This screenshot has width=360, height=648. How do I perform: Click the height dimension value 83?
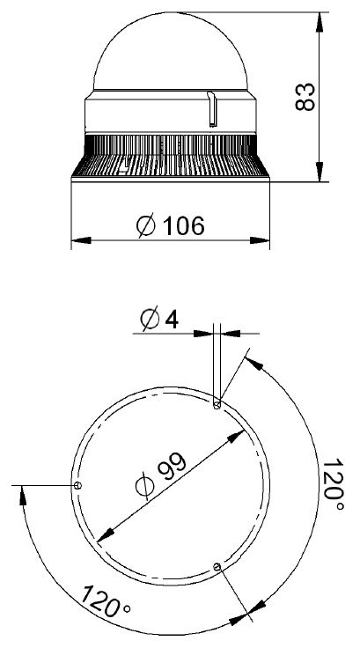tap(305, 97)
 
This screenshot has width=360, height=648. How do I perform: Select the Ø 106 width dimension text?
tap(170, 225)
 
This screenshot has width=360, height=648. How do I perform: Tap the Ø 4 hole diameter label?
tap(159, 319)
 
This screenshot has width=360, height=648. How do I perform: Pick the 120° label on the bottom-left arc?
tap(106, 601)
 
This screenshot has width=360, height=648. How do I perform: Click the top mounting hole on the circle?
tap(217, 405)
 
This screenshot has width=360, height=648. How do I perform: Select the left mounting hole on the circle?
tap(77, 485)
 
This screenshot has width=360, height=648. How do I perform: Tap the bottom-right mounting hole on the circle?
tap(217, 567)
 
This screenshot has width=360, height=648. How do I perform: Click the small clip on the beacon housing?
tap(211, 108)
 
